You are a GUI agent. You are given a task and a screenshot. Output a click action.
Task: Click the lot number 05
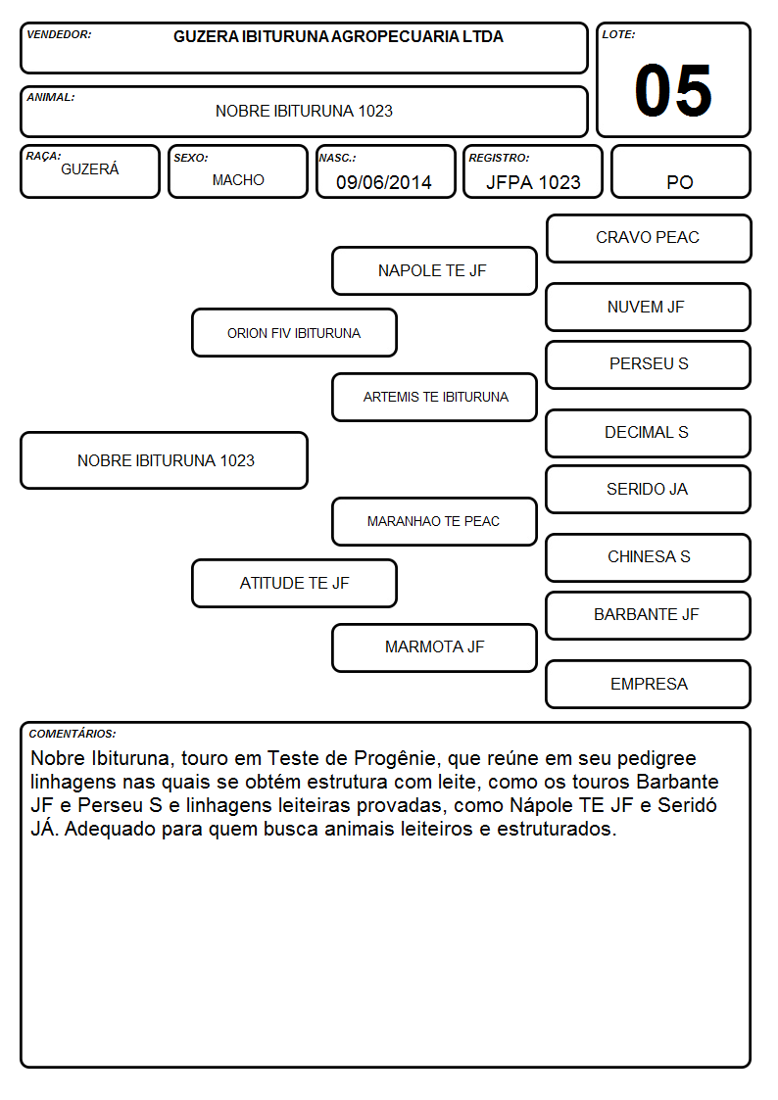673,90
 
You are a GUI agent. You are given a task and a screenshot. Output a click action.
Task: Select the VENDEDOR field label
59,34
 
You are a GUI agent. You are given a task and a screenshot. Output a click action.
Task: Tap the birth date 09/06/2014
384,182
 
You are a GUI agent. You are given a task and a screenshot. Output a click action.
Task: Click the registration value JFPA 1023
533,182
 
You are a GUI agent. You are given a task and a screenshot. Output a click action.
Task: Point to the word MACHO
238,180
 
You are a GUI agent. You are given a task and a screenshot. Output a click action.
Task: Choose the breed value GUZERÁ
90,168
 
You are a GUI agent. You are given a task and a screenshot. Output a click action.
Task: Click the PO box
680,171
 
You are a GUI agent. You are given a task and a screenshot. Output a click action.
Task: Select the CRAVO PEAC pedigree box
649,239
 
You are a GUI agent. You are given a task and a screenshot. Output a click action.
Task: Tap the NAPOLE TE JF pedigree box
434,270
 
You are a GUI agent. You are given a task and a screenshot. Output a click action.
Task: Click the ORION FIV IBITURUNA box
294,332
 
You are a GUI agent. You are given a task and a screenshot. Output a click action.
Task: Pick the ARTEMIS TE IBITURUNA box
434,397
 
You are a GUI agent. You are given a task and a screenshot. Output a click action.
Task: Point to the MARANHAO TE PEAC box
434,521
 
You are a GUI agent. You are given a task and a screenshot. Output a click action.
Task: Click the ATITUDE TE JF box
294,583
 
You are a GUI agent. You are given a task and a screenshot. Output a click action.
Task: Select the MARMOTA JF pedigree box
434,647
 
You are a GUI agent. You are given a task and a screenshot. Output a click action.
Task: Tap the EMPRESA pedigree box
649,684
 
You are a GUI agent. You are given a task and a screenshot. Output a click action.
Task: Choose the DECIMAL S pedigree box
649,433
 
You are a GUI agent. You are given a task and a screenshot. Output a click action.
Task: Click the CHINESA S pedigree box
649,557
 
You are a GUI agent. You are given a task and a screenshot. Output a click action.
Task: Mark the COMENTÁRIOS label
73,734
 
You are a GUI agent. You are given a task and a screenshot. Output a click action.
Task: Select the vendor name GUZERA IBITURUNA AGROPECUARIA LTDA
338,36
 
